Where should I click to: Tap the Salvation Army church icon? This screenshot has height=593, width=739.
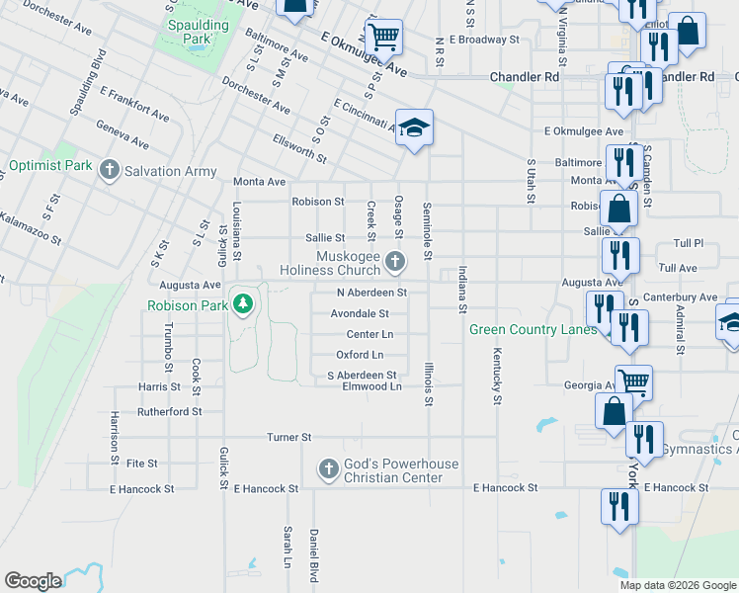coord(111,171)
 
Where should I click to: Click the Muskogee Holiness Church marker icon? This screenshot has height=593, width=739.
coord(395,262)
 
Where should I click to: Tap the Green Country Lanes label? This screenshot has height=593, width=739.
coord(533,330)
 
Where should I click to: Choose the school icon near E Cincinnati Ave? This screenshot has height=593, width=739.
coord(415,127)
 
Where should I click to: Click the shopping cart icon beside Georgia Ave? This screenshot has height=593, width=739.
coord(633,381)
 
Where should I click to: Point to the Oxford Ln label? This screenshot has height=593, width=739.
coord(360,355)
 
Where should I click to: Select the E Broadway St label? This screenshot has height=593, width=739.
coord(483,40)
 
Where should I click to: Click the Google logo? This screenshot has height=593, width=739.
coord(33,581)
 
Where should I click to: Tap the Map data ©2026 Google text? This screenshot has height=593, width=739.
coord(677,585)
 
